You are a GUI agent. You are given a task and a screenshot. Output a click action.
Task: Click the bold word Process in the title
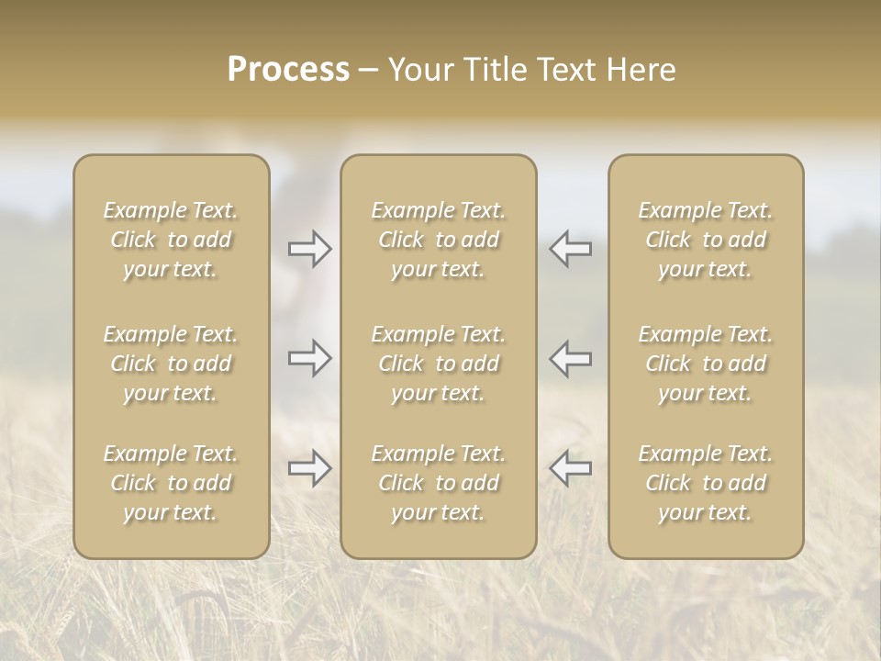coord(288,70)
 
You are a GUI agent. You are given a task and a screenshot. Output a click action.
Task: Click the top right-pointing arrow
coord(310,249)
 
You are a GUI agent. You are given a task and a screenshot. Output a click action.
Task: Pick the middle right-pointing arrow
coord(310,358)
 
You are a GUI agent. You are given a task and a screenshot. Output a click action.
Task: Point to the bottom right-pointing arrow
coord(310,468)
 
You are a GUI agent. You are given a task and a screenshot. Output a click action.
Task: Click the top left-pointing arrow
coord(570,249)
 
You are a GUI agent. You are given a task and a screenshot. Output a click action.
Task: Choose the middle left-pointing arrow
coord(570,358)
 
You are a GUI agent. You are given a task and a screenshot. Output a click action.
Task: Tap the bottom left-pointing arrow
coord(570,468)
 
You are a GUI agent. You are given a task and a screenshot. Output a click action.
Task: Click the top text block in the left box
coord(171,240)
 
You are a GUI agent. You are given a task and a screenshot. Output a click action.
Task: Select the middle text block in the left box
coord(171,364)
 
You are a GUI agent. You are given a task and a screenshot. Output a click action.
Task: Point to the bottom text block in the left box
coord(171,483)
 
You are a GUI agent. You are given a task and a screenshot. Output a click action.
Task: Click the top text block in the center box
coord(438,240)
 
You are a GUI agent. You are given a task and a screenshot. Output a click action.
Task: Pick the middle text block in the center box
coord(438,364)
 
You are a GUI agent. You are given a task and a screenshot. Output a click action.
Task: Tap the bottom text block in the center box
coord(438,483)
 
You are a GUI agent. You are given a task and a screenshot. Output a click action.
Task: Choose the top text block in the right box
coord(705,240)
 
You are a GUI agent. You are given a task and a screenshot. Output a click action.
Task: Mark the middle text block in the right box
coord(705,364)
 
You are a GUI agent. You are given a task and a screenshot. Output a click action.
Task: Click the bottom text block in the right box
coord(705,483)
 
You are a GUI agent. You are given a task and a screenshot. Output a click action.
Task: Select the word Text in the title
coord(566,70)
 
